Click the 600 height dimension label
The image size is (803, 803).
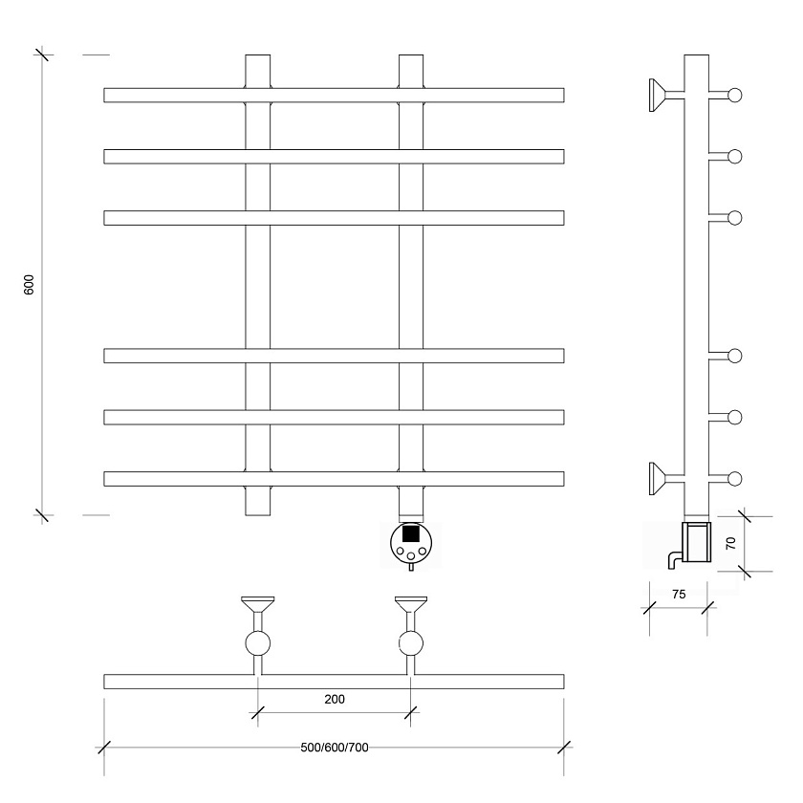point(30,284)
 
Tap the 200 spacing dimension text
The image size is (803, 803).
point(335,699)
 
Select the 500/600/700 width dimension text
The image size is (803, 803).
point(335,748)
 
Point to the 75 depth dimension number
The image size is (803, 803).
point(679,594)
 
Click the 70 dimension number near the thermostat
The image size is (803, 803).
point(730,543)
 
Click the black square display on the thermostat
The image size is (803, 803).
point(411,533)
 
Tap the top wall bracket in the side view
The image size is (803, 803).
point(666,95)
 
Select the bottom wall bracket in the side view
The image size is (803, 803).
point(666,478)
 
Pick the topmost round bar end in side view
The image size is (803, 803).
point(735,96)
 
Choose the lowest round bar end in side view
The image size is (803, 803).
point(735,479)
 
